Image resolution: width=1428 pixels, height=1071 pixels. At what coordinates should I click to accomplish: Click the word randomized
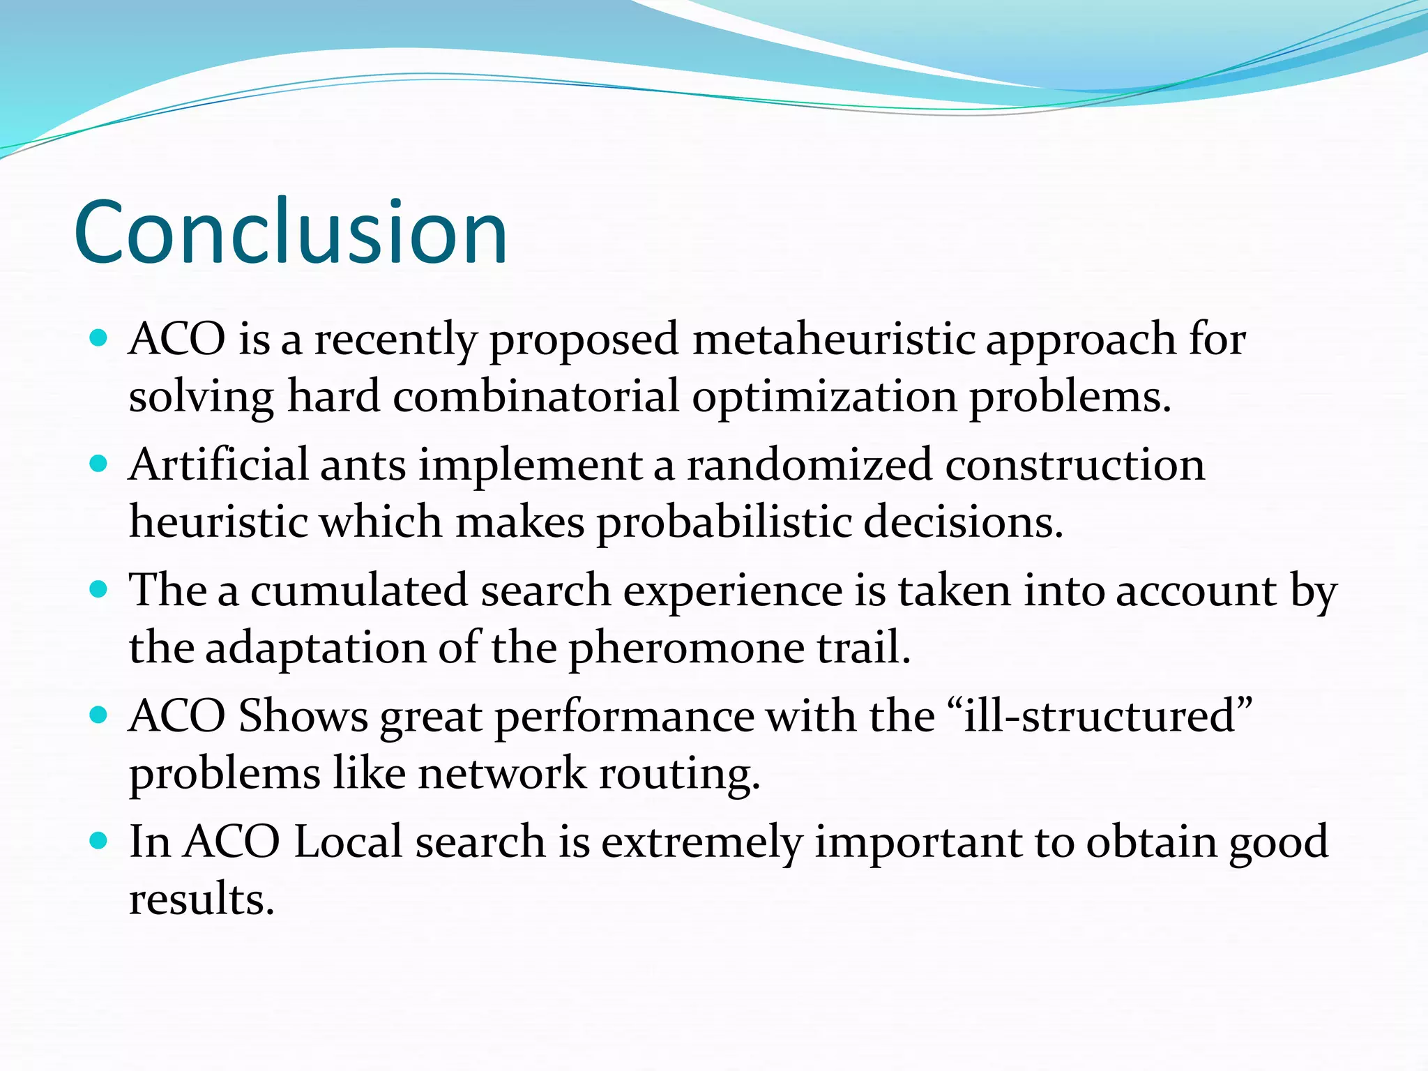pos(809,465)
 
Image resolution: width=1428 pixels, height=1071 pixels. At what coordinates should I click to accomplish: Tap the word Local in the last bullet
pos(349,842)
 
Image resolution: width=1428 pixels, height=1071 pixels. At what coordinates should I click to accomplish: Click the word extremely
pos(701,842)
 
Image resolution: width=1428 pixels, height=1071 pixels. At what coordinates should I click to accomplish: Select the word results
pos(202,899)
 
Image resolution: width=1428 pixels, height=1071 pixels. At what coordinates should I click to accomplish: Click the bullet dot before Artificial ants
pos(99,464)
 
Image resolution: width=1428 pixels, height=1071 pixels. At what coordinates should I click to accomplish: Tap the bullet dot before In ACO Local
pos(99,841)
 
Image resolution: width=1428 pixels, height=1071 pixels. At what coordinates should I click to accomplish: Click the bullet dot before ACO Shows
pos(99,715)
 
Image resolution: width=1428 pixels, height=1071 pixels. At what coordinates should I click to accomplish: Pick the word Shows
pos(303,716)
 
